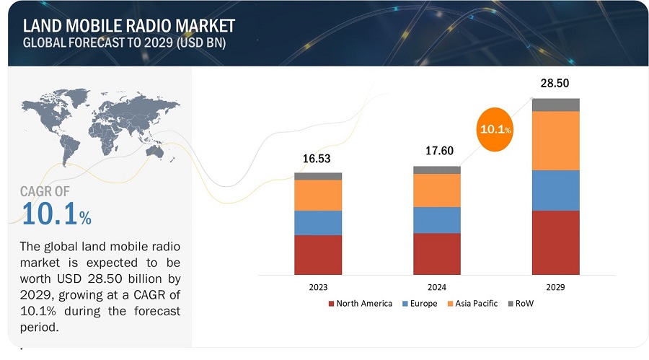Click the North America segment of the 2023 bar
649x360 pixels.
click(x=318, y=255)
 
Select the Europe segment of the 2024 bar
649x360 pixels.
click(x=437, y=219)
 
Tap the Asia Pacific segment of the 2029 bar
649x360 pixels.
click(x=555, y=140)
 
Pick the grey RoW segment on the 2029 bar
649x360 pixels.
click(x=555, y=105)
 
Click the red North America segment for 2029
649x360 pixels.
click(x=555, y=243)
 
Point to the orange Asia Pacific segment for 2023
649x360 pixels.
click(x=318, y=195)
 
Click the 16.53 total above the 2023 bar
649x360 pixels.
click(x=318, y=159)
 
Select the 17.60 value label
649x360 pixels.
click(x=437, y=153)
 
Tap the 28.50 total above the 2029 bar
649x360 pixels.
click(x=555, y=84)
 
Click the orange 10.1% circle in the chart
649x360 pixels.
click(x=495, y=130)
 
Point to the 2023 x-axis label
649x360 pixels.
click(x=318, y=286)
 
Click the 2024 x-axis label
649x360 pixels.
click(x=437, y=286)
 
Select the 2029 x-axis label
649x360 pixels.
click(x=555, y=286)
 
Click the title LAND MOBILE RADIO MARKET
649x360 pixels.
click(x=129, y=26)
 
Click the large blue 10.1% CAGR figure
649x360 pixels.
click(x=57, y=214)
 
